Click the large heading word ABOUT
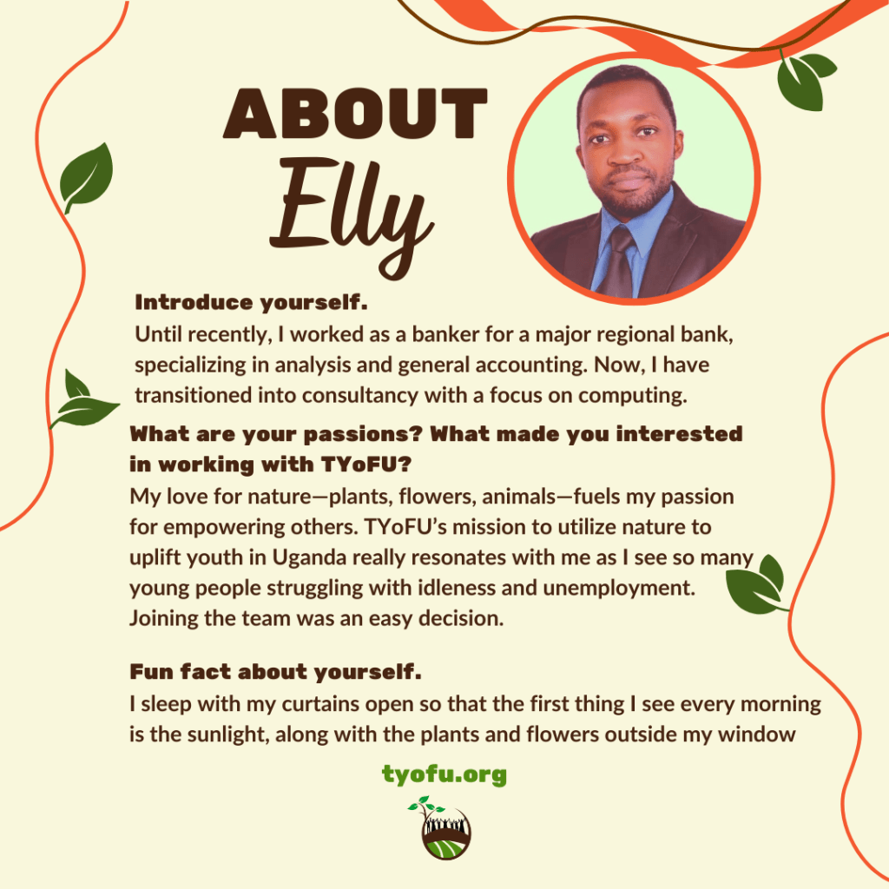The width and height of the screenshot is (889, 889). coord(355,114)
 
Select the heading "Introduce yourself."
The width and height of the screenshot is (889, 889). coord(251,303)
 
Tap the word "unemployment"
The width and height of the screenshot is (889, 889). coord(618,588)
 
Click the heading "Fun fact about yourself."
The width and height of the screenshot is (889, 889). coord(275,672)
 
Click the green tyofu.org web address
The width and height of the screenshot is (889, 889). coord(444,774)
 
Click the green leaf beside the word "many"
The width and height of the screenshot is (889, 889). coord(757,587)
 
